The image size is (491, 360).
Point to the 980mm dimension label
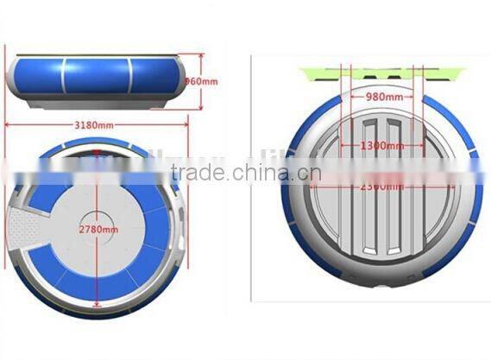(382, 98)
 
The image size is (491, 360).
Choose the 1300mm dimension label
(382, 147)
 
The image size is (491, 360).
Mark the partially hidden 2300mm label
(382, 186)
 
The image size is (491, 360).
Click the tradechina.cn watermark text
(246, 173)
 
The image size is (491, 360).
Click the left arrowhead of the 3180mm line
(9, 123)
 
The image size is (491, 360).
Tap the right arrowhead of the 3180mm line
(186, 123)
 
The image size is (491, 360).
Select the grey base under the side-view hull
(97, 104)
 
